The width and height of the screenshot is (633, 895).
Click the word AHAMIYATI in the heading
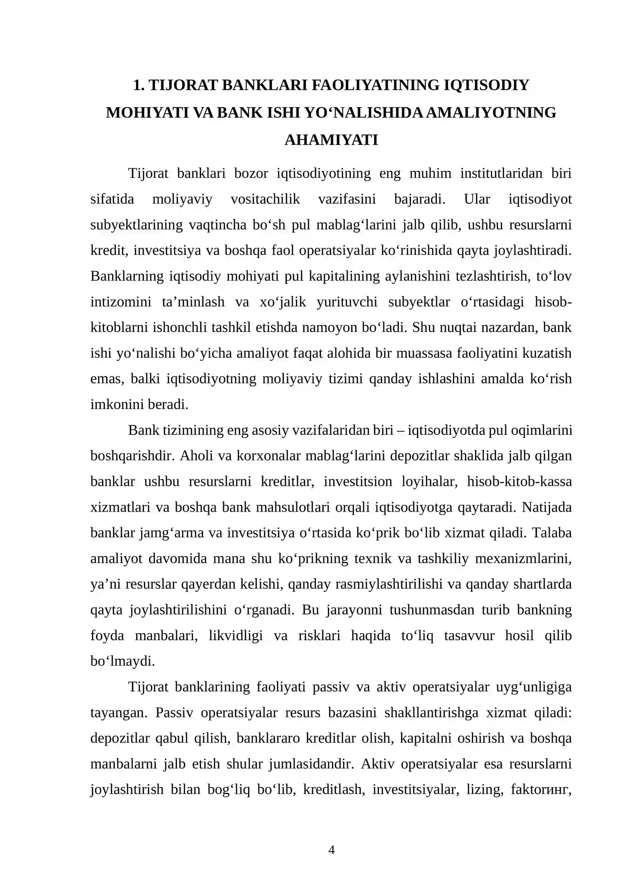[331, 140]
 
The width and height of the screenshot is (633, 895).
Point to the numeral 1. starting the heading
[138, 85]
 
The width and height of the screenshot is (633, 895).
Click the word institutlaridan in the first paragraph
[501, 173]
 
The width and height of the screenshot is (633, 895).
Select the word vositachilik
[265, 199]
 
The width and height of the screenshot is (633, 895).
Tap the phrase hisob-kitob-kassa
[519, 482]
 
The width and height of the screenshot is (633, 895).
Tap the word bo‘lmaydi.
[123, 662]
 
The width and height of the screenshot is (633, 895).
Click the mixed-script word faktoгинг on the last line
[541, 790]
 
